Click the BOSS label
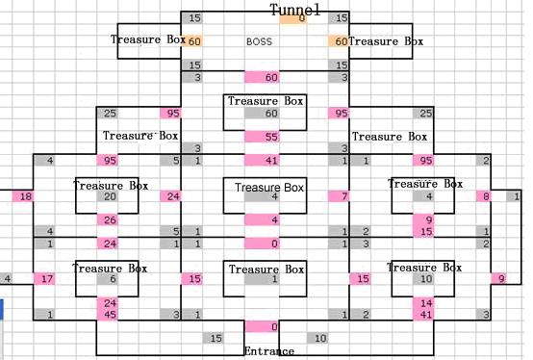(x=259, y=41)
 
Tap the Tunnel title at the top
(x=295, y=10)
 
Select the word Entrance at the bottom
(x=269, y=350)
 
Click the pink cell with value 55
(x=262, y=137)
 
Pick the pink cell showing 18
(x=23, y=196)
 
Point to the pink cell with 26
(x=108, y=219)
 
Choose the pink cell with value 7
(x=339, y=196)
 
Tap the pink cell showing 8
(x=483, y=196)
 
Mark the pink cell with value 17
(x=44, y=279)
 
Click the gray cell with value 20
(x=108, y=196)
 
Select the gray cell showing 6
(x=108, y=279)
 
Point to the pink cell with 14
(x=423, y=302)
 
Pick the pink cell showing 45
(x=108, y=315)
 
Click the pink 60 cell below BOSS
(x=262, y=77)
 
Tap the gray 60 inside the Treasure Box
(x=262, y=113)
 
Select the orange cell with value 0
(x=293, y=18)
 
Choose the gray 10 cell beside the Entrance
(x=317, y=338)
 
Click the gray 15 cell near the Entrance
(x=214, y=338)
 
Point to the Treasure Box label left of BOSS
(x=148, y=39)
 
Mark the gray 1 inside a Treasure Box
(x=262, y=279)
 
